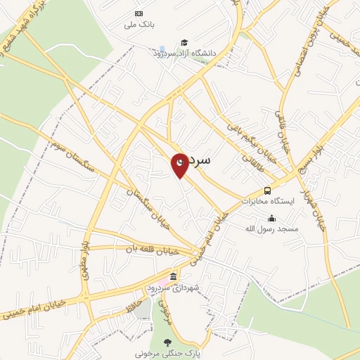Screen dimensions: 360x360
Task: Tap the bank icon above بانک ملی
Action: click(138, 14)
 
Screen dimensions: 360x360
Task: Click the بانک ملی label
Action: click(138, 25)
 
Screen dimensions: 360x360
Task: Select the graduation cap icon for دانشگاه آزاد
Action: click(184, 43)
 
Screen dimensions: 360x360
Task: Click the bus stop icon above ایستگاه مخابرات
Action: click(268, 191)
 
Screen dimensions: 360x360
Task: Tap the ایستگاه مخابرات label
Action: click(265, 200)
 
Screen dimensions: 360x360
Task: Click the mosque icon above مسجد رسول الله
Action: click(272, 218)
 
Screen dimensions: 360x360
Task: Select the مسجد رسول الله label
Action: click(271, 229)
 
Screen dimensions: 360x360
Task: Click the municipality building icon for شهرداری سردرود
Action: click(174, 275)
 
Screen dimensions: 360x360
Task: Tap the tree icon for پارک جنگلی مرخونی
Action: click(167, 342)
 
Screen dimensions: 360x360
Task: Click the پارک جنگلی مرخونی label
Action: click(167, 353)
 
